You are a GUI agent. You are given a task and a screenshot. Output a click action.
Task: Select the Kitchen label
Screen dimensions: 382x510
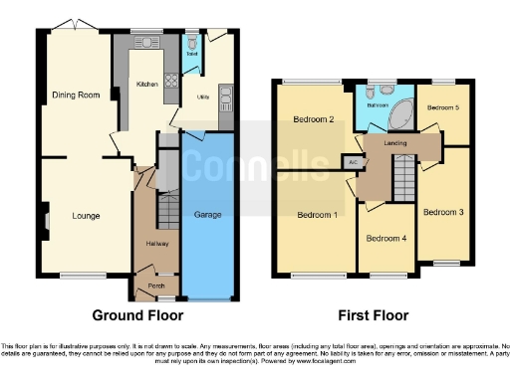[x=146, y=86]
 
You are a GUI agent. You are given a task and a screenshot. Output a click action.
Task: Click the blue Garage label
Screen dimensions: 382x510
[x=207, y=214]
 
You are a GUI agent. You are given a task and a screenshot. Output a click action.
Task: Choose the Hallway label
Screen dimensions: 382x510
[x=156, y=243]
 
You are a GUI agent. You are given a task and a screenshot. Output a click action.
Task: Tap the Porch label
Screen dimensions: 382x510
[x=156, y=283]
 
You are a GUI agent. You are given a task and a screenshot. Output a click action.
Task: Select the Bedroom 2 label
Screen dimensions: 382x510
[x=313, y=120]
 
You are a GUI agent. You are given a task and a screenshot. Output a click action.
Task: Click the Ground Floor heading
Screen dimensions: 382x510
[x=137, y=316]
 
